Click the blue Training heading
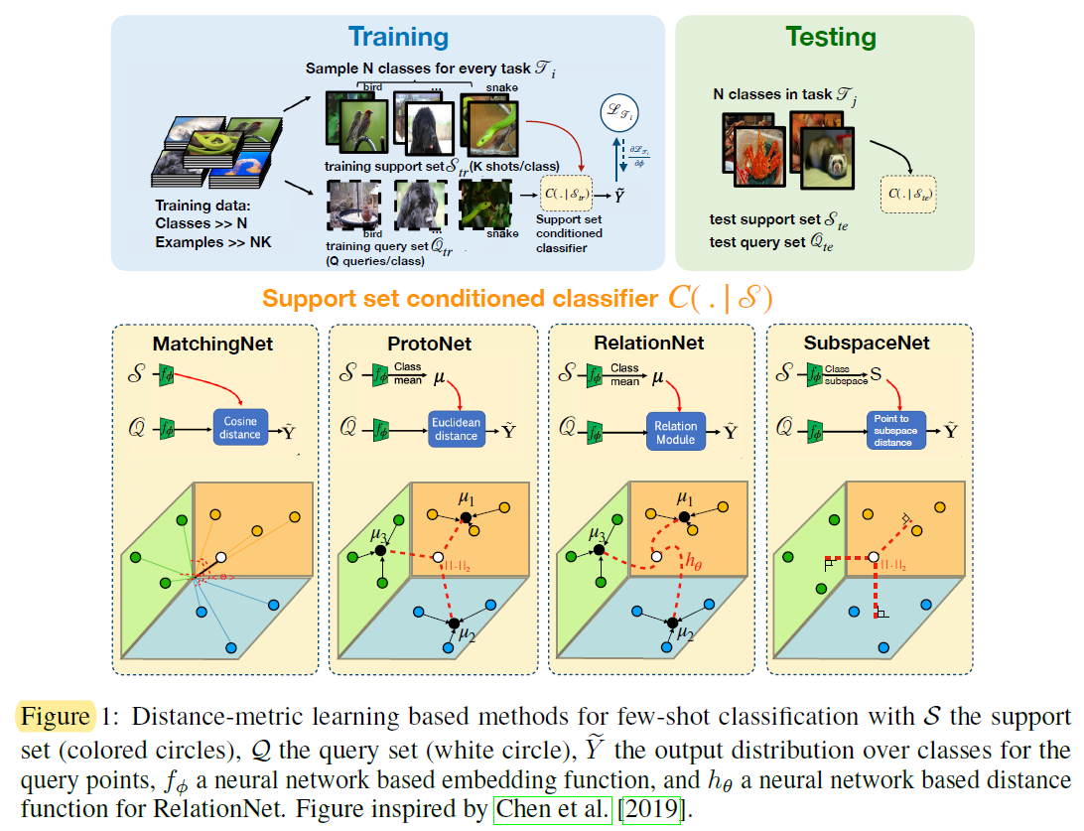click(x=397, y=37)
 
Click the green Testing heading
click(x=831, y=37)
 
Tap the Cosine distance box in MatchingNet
click(x=239, y=428)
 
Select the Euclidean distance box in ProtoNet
click(x=456, y=428)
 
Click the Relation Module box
click(x=675, y=431)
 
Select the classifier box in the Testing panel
click(x=908, y=195)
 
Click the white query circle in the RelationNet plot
click(x=656, y=558)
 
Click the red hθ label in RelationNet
click(x=695, y=558)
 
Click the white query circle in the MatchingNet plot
click(x=221, y=559)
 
